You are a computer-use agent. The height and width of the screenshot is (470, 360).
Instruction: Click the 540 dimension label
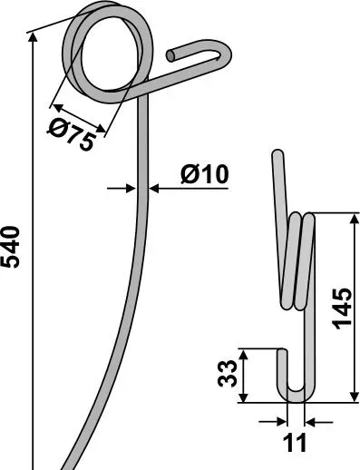pos(11,247)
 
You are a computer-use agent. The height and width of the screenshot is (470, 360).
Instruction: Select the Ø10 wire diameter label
pos(205,174)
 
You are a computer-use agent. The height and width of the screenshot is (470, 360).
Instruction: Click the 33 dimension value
pos(228,374)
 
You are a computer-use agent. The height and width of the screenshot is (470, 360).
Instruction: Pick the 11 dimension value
pos(295,443)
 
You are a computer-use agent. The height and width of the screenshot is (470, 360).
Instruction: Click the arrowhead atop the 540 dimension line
pos(33,37)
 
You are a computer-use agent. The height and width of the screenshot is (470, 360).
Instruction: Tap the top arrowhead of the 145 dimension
pos(354,219)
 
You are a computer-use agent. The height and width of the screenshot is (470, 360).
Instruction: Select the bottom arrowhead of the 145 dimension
pos(354,397)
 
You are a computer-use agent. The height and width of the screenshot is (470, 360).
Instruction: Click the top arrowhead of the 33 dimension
pos(244,353)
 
